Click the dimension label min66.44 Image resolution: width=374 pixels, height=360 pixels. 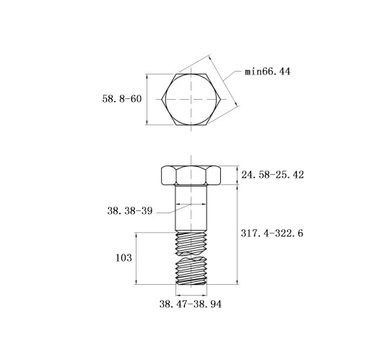(267, 72)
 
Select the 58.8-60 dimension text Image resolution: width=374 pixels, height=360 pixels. (122, 99)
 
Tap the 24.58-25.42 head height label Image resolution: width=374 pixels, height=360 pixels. (272, 175)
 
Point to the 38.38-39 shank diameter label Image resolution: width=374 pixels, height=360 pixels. (130, 211)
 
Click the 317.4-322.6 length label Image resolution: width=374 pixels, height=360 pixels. (272, 233)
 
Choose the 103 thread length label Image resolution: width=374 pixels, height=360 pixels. (123, 258)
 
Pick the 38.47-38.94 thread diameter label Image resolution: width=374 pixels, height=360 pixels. (191, 304)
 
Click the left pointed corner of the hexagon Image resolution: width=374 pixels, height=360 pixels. (162, 99)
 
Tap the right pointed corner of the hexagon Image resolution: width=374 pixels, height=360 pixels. (221, 99)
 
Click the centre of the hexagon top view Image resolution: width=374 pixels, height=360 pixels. (191, 99)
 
